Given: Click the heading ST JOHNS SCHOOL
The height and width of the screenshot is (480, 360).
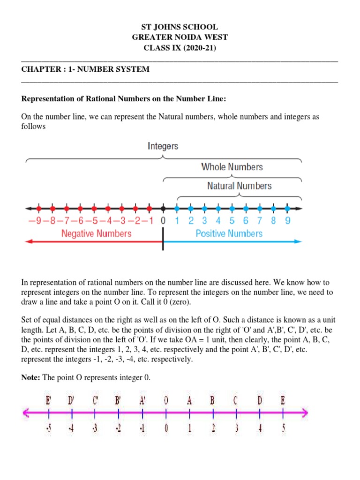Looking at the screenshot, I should [x=180, y=28].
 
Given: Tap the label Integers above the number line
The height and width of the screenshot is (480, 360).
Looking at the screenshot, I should [x=163, y=146].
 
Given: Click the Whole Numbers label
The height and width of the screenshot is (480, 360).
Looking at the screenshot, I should [x=232, y=167].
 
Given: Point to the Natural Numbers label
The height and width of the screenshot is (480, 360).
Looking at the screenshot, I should [x=239, y=186].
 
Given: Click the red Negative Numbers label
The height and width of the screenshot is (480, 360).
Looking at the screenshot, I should [x=97, y=233].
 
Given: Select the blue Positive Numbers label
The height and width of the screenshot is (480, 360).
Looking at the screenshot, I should [x=229, y=233].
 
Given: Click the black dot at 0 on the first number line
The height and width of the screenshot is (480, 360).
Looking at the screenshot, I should [x=163, y=209].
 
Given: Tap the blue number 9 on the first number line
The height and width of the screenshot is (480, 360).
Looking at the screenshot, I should [x=287, y=221].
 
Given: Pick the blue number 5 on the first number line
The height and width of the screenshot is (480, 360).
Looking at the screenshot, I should [x=232, y=221].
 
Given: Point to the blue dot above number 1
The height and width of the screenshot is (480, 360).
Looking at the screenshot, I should [x=177, y=209].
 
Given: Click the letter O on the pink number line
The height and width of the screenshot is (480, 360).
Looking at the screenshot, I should [x=166, y=401].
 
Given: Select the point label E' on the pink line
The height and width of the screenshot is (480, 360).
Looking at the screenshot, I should [x=49, y=401].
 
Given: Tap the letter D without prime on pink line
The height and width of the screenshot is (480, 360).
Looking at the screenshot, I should [x=259, y=401].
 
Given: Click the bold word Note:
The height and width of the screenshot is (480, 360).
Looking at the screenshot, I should [x=31, y=378].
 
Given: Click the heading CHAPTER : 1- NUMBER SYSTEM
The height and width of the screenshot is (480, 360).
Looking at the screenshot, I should [x=85, y=69].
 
